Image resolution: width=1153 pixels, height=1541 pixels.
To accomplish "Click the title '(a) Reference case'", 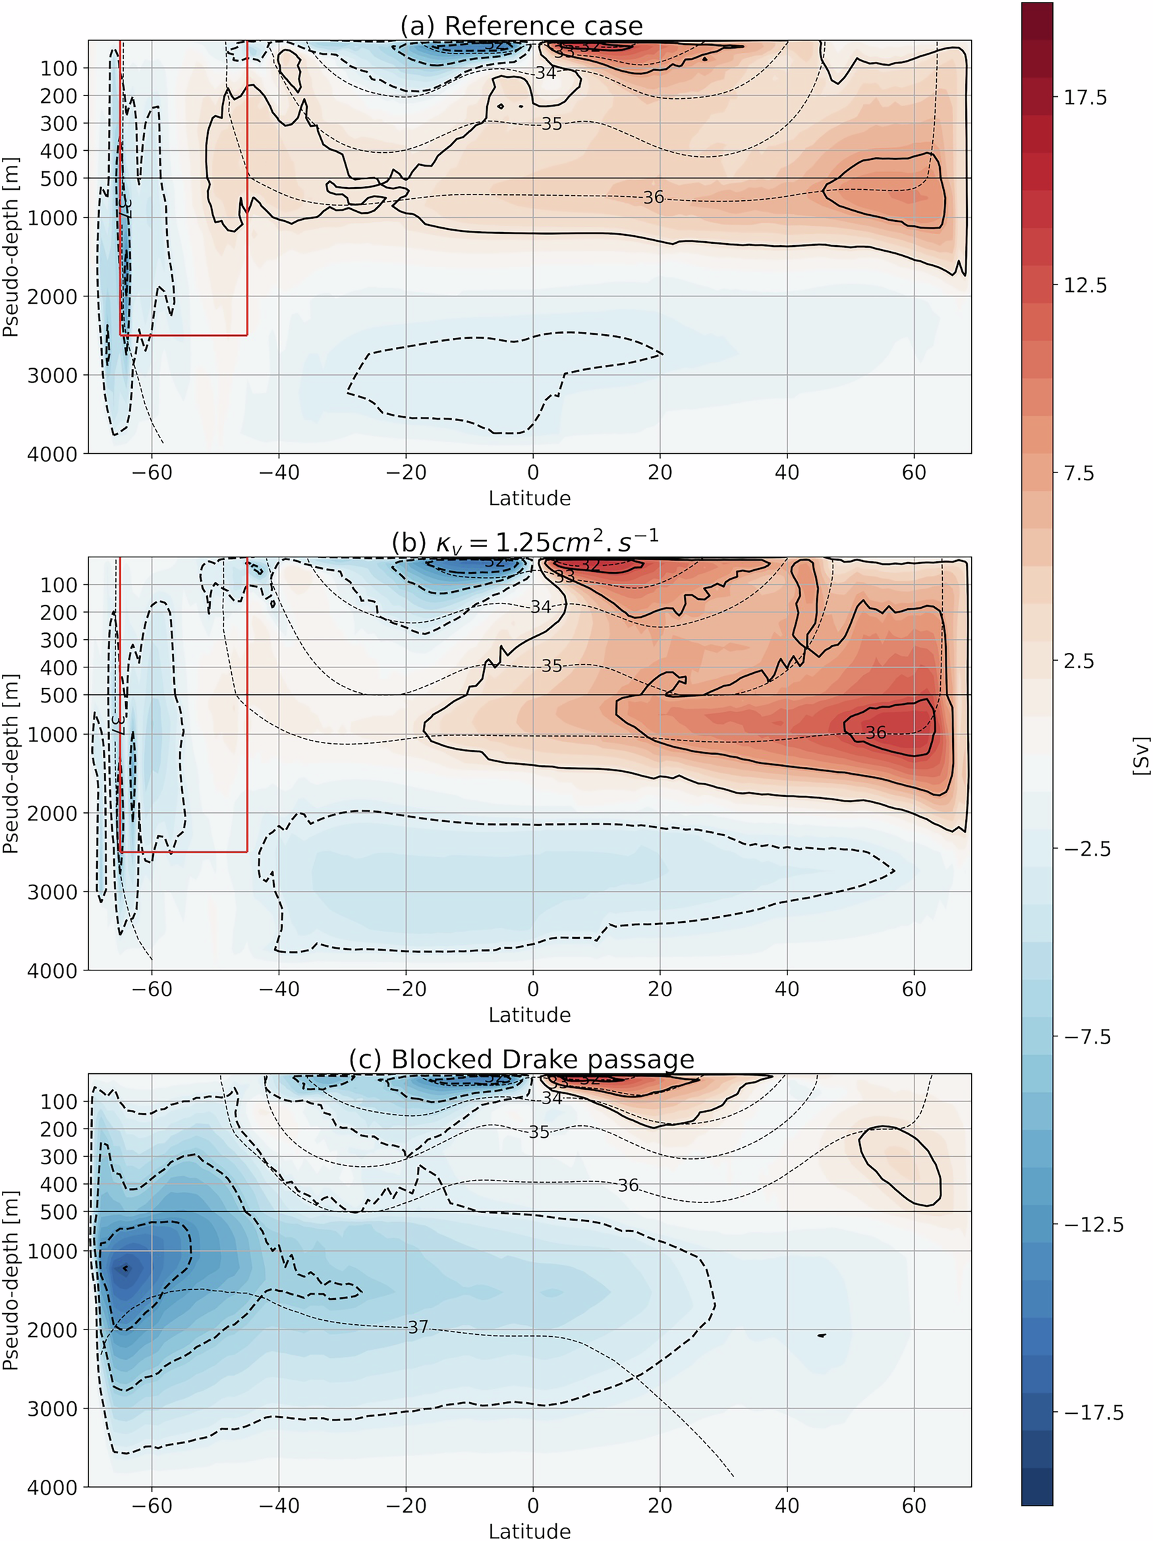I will point(521,26).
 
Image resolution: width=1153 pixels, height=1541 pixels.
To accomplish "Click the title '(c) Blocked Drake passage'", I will point(521,1059).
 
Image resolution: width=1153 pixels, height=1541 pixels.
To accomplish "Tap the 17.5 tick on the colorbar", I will point(1084,97).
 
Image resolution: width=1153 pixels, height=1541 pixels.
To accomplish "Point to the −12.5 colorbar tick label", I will point(1093,1225).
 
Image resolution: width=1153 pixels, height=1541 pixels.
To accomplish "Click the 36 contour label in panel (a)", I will point(653,197).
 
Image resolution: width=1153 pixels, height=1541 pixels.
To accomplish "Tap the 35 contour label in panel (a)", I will point(551,124).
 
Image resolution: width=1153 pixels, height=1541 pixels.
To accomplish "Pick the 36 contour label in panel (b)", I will point(875,732).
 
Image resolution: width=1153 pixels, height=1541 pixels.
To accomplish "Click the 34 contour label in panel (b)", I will point(541,607).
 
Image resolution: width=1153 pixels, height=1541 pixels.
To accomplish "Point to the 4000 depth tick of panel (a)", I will point(52,454).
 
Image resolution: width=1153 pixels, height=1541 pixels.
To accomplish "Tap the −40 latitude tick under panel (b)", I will point(279,990).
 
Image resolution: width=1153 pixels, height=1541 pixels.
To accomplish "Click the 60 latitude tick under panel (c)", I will point(913,1505).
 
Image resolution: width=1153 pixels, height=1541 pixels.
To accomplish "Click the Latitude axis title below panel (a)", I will point(530,498).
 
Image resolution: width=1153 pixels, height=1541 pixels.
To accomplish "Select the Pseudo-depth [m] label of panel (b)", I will point(11,764).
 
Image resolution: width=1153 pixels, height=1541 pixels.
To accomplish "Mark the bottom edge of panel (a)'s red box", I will point(184,335).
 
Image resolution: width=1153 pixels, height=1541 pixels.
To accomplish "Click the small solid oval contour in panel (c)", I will point(900,1165).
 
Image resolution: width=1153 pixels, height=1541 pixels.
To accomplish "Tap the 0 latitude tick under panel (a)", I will point(533,472).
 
